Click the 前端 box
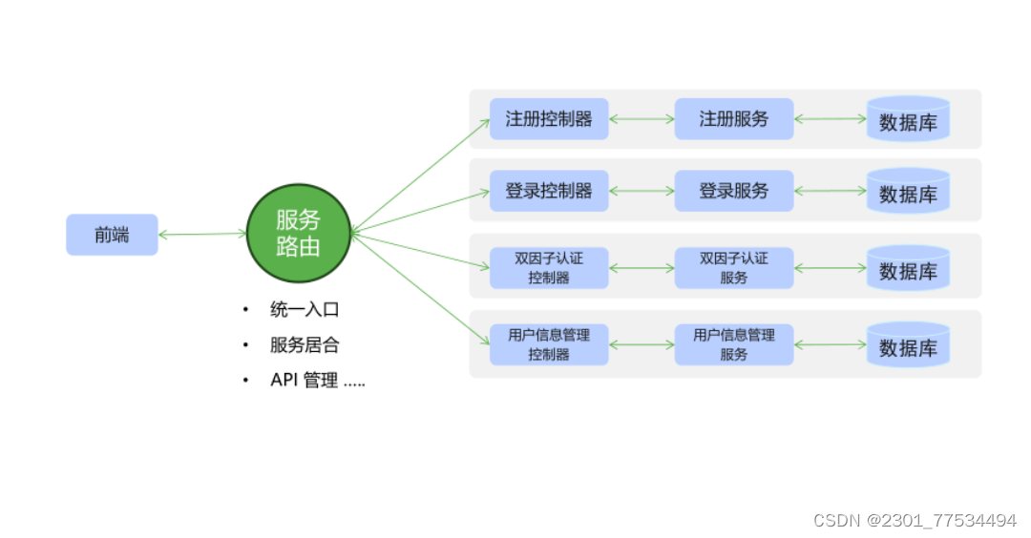[112, 235]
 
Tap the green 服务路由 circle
[299, 233]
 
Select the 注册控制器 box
[549, 119]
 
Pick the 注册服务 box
[733, 119]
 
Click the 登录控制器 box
[549, 191]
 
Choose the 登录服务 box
[733, 191]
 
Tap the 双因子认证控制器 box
[549, 268]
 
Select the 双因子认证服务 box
[733, 268]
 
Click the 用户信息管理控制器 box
[549, 344]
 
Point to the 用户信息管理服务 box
[733, 344]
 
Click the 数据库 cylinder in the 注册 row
[908, 120]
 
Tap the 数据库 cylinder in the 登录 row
[908, 192]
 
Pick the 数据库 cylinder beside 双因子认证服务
[908, 269]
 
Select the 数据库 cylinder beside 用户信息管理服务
[908, 345]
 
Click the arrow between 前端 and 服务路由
[202, 234]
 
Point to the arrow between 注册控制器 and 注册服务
[642, 119]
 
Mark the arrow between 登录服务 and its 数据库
[830, 192]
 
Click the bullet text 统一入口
[305, 310]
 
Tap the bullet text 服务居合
[305, 345]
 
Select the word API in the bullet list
[284, 381]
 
